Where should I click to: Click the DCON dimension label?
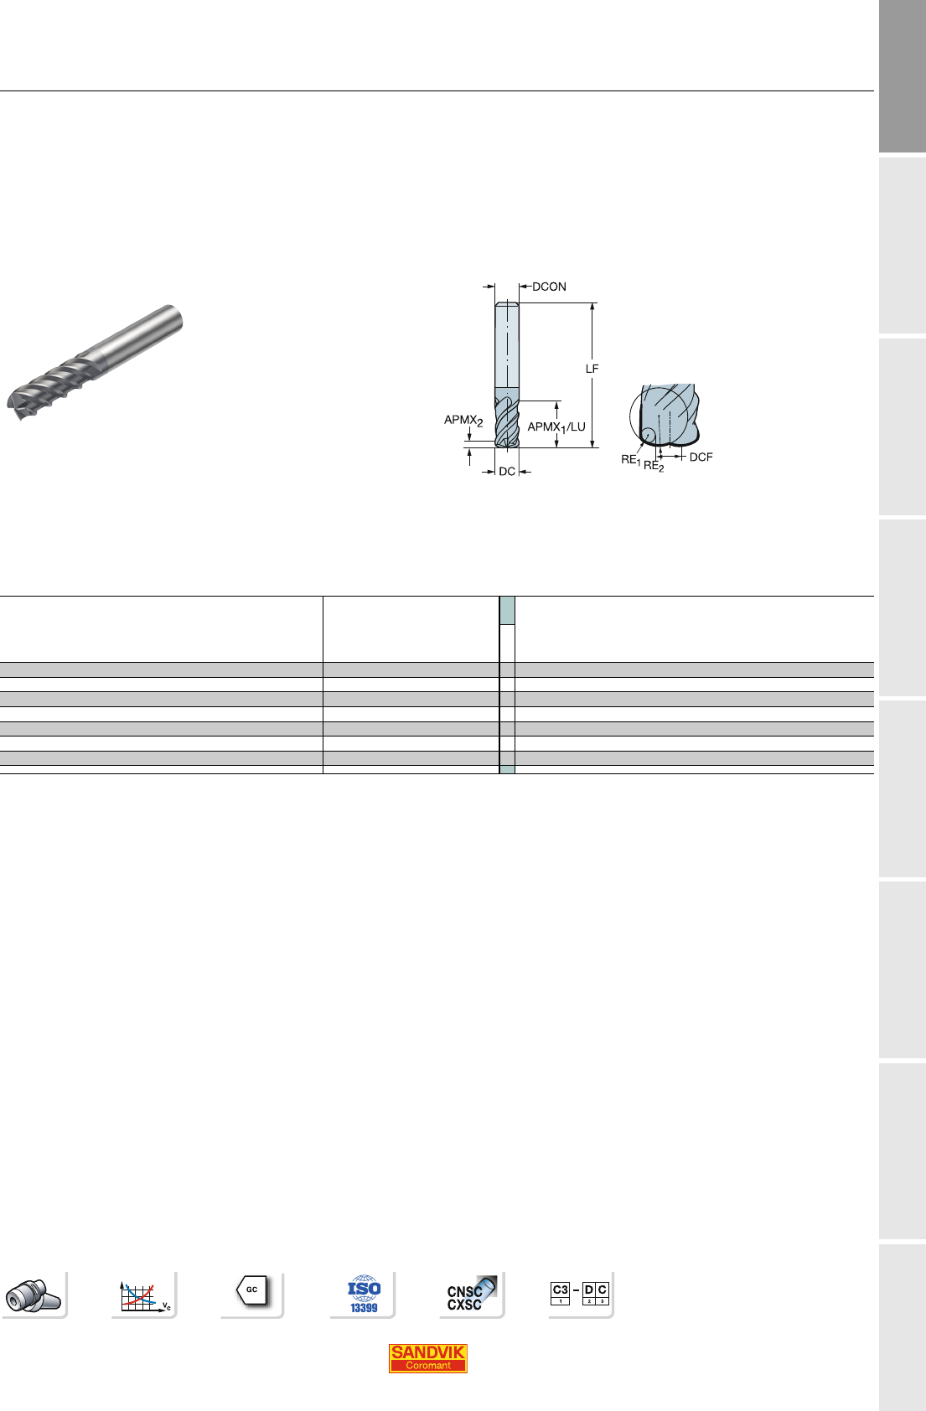point(549,287)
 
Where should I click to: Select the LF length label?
point(592,369)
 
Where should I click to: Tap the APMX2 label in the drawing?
point(463,420)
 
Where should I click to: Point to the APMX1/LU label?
point(556,427)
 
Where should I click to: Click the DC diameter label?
point(507,471)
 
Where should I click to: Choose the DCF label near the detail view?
point(701,457)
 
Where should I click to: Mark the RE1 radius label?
point(630,460)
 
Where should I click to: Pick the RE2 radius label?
point(654,466)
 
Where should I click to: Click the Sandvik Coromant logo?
point(427,1358)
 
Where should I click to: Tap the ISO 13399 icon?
point(364,1295)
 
